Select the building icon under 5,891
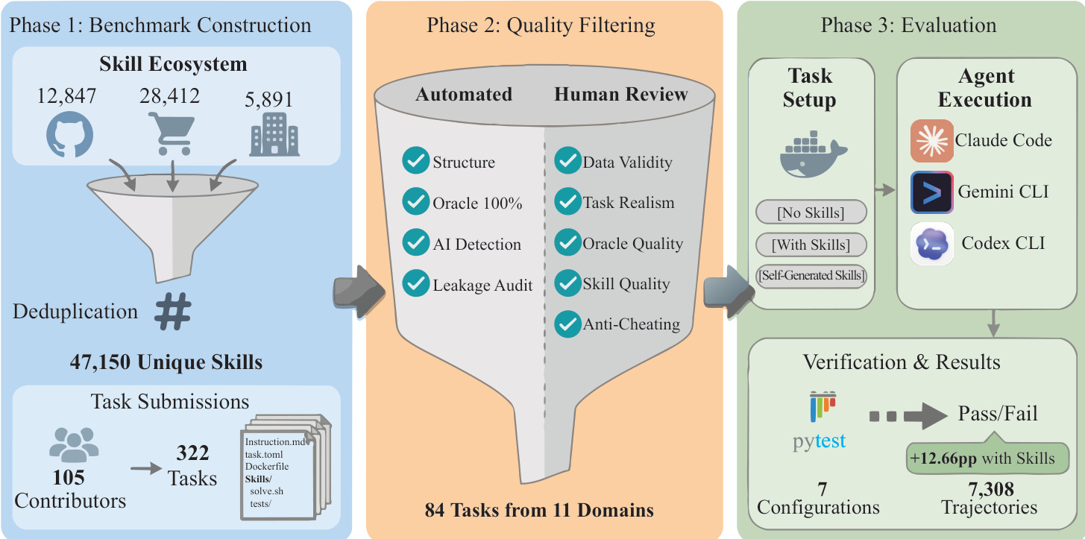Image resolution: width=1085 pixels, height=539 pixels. point(275,135)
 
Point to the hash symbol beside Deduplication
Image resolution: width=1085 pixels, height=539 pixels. point(173,312)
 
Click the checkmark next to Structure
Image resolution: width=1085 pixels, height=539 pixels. point(414,162)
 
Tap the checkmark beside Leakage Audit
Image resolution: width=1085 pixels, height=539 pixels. point(414,284)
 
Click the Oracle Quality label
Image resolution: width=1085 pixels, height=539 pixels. point(632,243)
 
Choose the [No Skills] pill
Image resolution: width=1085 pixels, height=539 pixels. point(811,212)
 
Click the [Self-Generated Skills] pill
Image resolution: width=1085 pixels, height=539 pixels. point(811,276)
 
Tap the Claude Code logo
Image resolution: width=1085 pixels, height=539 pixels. point(932,140)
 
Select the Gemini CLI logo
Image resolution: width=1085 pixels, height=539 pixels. point(932,192)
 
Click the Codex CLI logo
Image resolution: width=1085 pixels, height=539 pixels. point(932,243)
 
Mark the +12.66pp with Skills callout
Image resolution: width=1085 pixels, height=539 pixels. point(982,458)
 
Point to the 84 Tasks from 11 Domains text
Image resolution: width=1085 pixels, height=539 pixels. point(539,511)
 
